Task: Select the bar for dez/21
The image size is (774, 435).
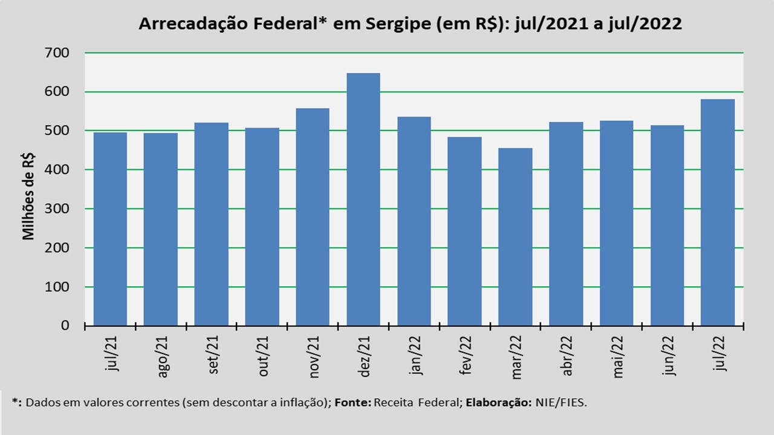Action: tap(363, 199)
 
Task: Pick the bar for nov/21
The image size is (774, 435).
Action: tap(313, 217)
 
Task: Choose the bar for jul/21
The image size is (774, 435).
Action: tap(110, 229)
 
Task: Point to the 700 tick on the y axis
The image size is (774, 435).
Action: tap(57, 53)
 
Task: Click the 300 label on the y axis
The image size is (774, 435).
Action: tap(57, 209)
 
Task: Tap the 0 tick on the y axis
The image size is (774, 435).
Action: tap(65, 326)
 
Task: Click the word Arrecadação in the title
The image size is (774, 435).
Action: tap(193, 24)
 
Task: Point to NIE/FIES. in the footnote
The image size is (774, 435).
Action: tap(561, 402)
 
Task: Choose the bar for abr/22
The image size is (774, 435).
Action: tap(566, 224)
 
